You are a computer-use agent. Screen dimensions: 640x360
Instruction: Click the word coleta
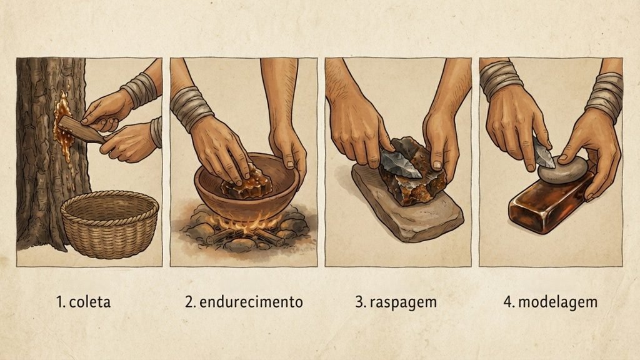[90, 302]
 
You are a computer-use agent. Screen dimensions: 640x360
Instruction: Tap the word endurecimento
[251, 302]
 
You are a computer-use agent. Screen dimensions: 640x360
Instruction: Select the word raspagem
[403, 302]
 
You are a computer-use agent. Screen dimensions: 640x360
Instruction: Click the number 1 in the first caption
[60, 302]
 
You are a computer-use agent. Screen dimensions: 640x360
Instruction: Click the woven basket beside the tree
[110, 224]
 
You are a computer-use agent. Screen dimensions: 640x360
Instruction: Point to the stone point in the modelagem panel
[543, 152]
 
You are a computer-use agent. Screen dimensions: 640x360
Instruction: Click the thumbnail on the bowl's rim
[289, 164]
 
